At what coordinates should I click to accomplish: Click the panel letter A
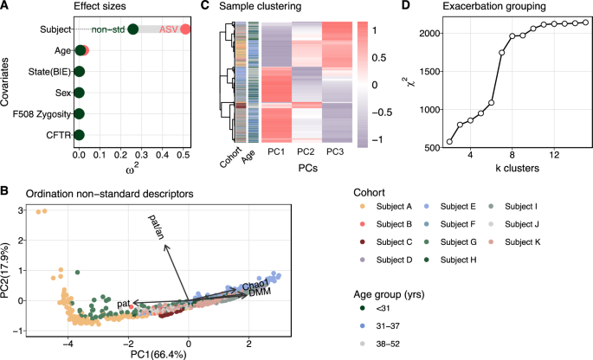pos(5,6)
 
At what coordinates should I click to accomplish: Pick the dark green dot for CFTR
pos(79,135)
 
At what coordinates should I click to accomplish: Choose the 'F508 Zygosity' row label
pos(38,113)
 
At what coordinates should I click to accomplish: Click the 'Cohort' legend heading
pos(372,191)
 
